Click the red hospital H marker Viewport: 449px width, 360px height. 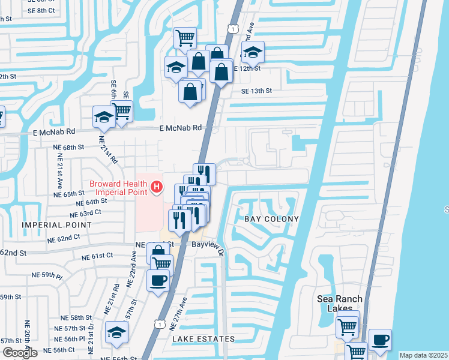click(157, 187)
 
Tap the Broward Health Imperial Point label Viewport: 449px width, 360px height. click(118, 188)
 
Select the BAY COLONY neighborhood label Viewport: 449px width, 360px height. click(271, 219)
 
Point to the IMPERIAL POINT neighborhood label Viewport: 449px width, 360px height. click(57, 225)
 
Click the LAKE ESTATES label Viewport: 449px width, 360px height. click(203, 339)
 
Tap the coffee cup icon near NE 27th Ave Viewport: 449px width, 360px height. click(158, 280)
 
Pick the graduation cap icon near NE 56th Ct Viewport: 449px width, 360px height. click(116, 332)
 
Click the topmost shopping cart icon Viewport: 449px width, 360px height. click(185, 38)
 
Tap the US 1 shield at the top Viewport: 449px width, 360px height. click(232, 29)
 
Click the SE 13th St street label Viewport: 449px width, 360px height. click(257, 91)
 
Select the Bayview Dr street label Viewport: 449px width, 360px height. click(208, 245)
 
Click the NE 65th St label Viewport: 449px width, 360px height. click(69, 194)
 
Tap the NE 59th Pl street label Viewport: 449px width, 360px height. click(48, 276)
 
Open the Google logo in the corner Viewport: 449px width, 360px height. click(19, 353)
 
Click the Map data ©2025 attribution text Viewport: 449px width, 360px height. click(423, 355)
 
